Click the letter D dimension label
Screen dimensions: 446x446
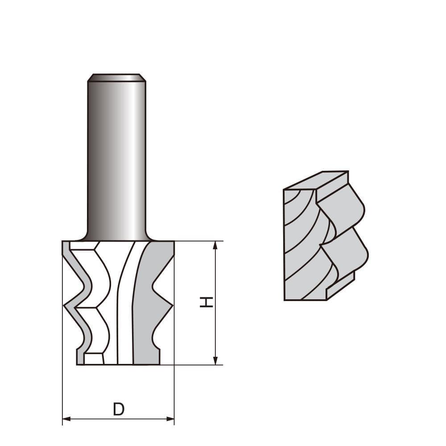coord(118,409)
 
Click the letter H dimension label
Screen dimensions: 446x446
coord(206,302)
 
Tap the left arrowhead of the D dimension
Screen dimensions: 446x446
coord(66,419)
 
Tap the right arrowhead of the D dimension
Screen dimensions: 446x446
coord(170,419)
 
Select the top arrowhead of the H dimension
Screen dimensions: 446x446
coord(215,245)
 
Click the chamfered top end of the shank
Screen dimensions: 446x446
coord(116,78)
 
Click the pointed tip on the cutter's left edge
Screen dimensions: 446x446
coord(65,306)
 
